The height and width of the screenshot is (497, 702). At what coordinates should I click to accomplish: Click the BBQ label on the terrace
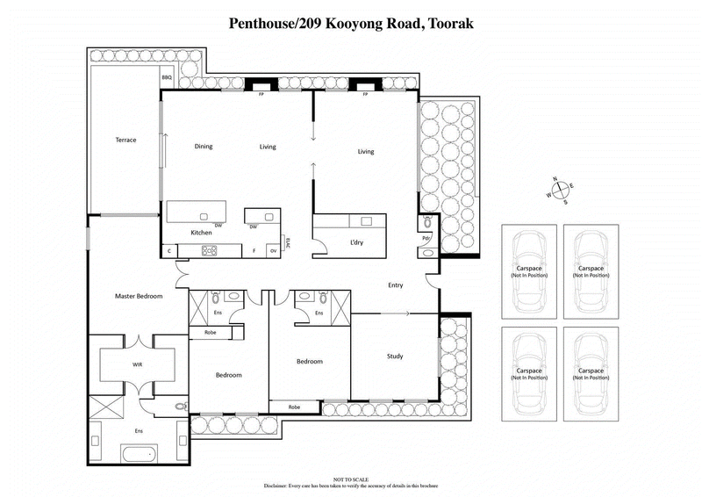(x=167, y=78)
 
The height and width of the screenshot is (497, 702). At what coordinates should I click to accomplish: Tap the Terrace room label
(x=125, y=140)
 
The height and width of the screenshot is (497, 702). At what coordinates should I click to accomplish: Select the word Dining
(x=204, y=147)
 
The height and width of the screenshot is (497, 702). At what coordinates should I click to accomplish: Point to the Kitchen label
(x=202, y=233)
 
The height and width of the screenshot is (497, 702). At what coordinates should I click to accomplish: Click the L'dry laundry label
(x=357, y=241)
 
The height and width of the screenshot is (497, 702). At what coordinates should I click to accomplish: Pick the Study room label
(x=395, y=356)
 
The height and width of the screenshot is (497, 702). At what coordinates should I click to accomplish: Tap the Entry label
(x=396, y=285)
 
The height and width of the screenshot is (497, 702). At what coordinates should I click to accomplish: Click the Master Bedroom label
(x=139, y=296)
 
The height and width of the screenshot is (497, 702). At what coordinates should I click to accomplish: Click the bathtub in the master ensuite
(x=138, y=454)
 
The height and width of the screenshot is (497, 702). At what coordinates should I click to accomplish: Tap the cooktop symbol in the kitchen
(x=210, y=250)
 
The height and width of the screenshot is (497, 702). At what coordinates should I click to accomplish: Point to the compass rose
(x=558, y=191)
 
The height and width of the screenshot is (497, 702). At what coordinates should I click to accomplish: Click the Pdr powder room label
(x=426, y=238)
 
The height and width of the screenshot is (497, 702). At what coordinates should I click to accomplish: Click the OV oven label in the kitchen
(x=273, y=251)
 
